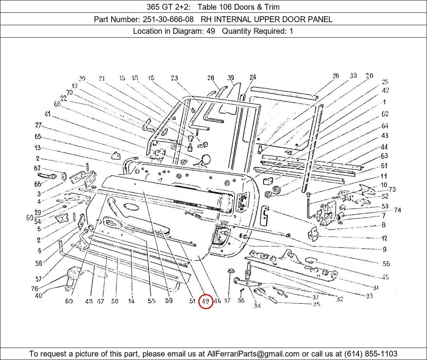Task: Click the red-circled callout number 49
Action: pos(205,301)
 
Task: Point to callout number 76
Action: pos(35,289)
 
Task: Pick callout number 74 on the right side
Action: pos(397,210)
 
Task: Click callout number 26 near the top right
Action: pos(336,76)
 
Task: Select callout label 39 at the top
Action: pos(231,78)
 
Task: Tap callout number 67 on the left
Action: pos(37,168)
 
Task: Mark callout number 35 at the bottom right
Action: pos(316,304)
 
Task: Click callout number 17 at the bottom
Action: pos(227,301)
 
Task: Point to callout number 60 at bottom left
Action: pos(69,301)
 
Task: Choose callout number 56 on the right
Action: pos(386,264)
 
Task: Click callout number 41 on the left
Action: pos(47,114)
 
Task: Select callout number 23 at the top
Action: pos(174,78)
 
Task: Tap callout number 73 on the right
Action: pos(392,189)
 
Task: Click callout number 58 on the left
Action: pos(38,264)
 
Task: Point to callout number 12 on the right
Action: pos(384,238)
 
